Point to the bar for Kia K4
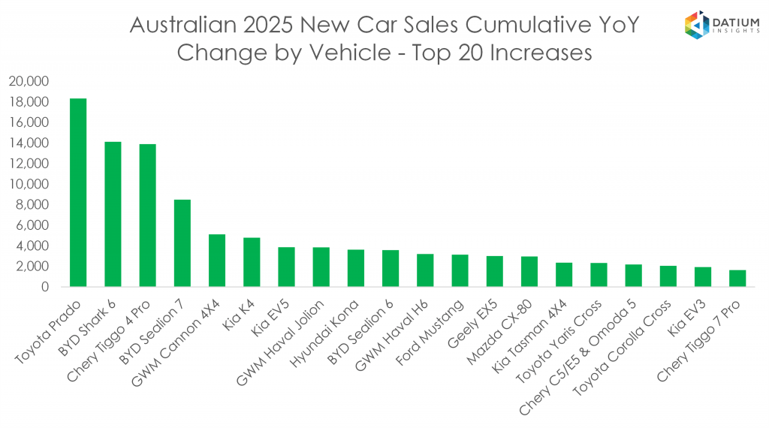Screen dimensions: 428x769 point(252,262)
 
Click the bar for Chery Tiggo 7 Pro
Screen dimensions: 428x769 point(737,279)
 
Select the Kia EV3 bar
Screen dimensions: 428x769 point(703,277)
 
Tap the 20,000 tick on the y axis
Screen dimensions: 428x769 point(29,81)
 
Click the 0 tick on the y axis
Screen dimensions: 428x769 point(45,287)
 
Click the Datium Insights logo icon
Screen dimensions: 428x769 point(697,25)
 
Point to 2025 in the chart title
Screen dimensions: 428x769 point(271,25)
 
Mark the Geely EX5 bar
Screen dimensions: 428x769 point(494,271)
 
